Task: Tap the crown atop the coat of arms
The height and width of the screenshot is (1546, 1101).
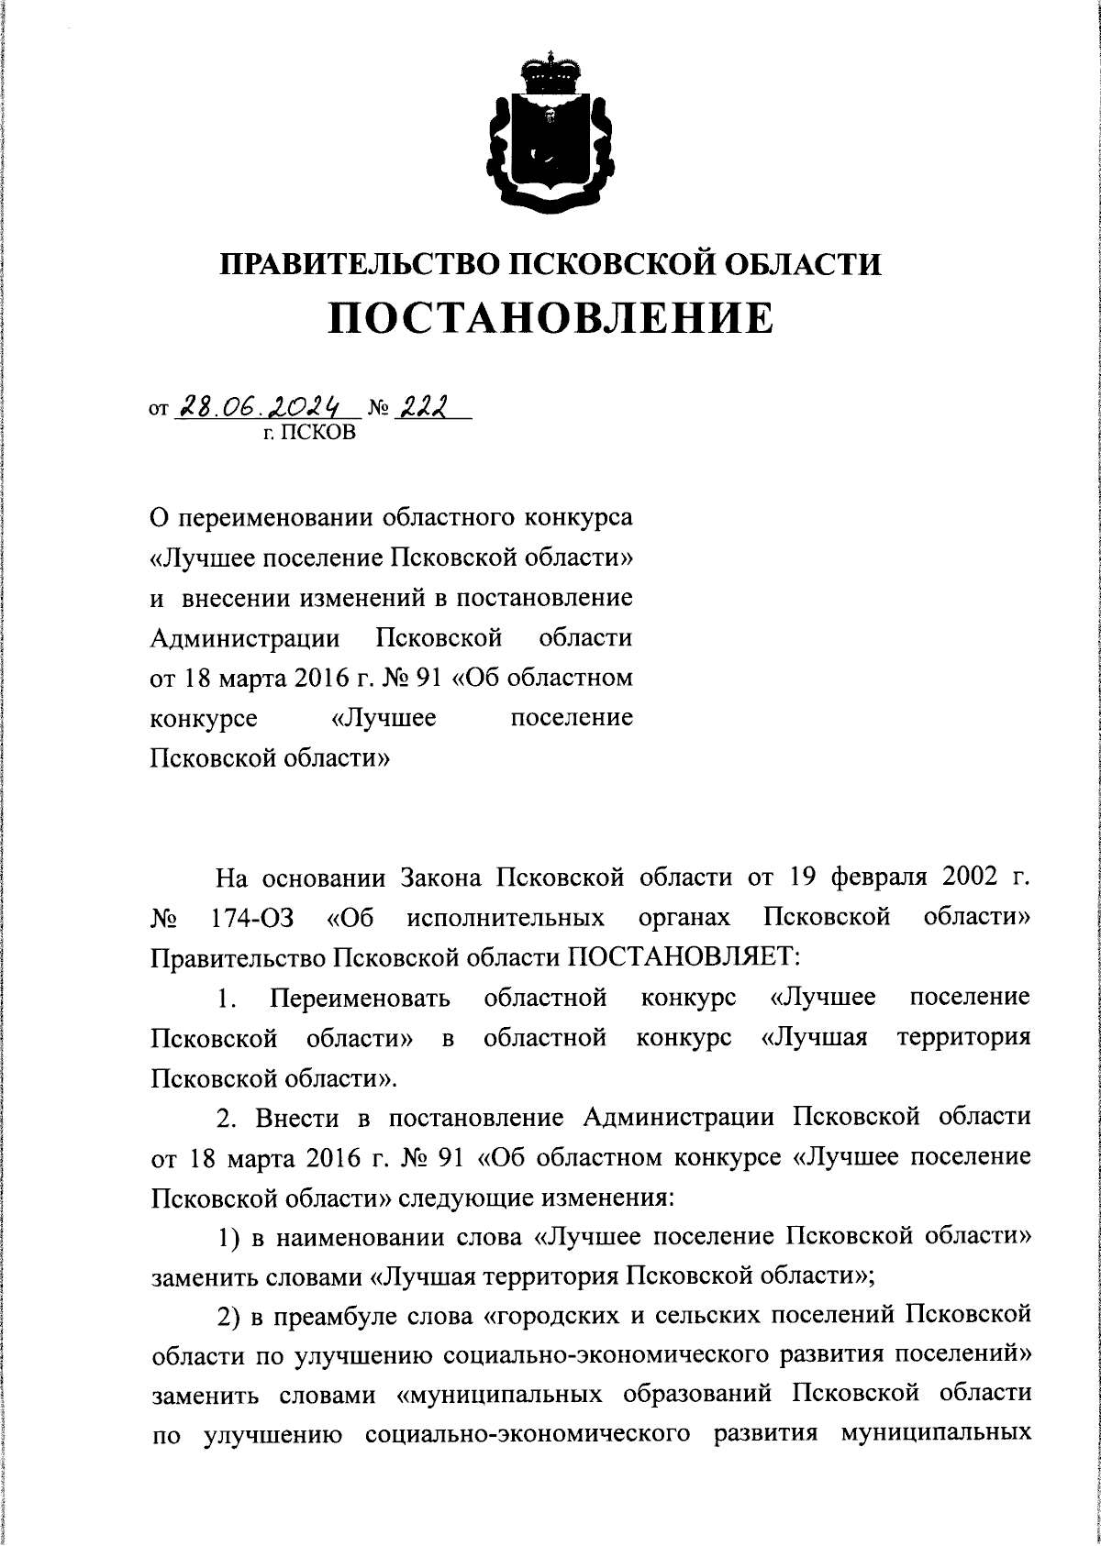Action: pos(550,71)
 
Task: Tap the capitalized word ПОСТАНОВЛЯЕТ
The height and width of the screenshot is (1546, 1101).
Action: pos(683,957)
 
